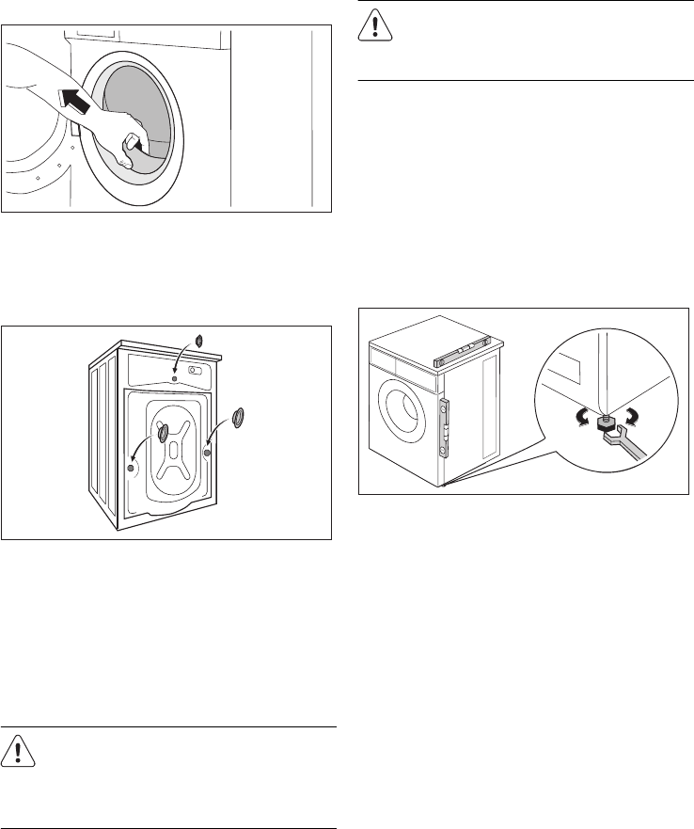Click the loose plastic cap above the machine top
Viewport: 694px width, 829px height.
click(198, 339)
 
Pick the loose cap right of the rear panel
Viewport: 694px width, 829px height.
click(237, 416)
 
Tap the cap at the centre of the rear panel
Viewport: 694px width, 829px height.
click(164, 432)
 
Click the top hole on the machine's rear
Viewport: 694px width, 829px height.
click(174, 379)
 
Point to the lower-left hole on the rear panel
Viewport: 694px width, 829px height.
click(131, 468)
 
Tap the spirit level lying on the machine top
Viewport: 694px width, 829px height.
click(465, 353)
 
